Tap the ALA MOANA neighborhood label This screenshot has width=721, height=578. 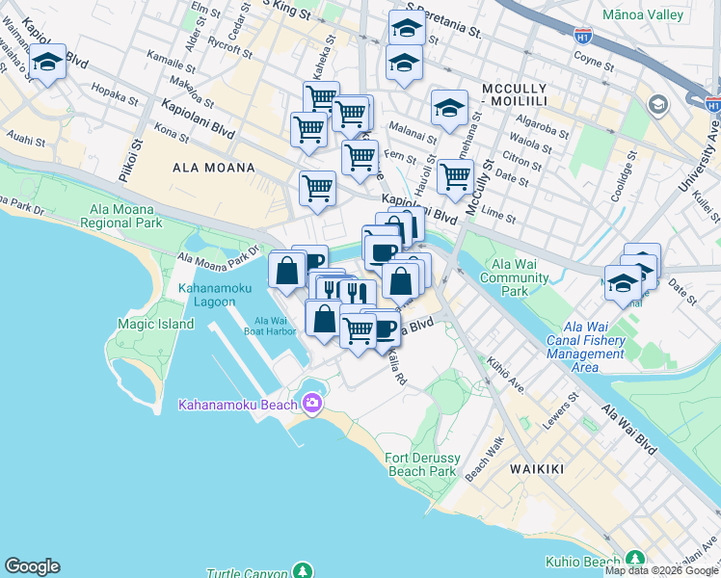tap(213, 168)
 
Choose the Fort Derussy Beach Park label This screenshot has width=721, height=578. tap(420, 464)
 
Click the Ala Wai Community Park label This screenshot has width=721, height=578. tap(521, 277)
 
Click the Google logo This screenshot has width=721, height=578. tap(32, 566)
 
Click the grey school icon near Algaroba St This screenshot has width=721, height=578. tap(658, 104)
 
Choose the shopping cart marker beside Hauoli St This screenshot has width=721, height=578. tap(454, 176)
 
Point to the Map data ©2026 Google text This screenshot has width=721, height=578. tap(662, 570)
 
